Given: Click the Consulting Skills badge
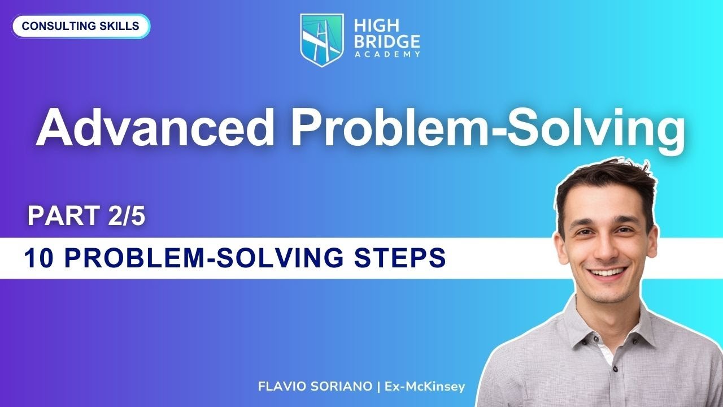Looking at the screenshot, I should (81, 26).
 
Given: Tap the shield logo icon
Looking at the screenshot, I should (321, 39).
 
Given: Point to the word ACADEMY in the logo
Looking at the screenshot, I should (387, 54).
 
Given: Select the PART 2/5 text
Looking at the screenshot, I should (86, 217).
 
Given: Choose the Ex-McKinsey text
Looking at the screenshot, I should (424, 387).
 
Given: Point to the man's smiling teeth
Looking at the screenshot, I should (608, 272).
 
